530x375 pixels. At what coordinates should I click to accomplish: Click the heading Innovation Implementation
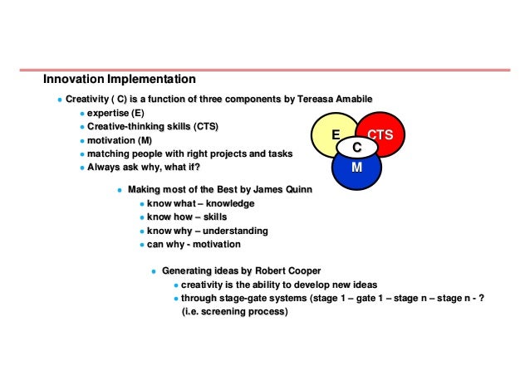pos(120,80)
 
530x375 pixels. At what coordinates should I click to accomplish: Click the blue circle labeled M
pos(356,169)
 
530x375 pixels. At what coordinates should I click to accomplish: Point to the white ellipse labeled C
pos(356,147)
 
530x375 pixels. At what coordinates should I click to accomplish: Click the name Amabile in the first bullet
pos(355,100)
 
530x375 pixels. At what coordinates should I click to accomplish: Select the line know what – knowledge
pos(200,203)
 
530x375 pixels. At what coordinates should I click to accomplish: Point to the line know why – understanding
pos(207,231)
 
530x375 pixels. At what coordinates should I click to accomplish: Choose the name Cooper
pos(302,271)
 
